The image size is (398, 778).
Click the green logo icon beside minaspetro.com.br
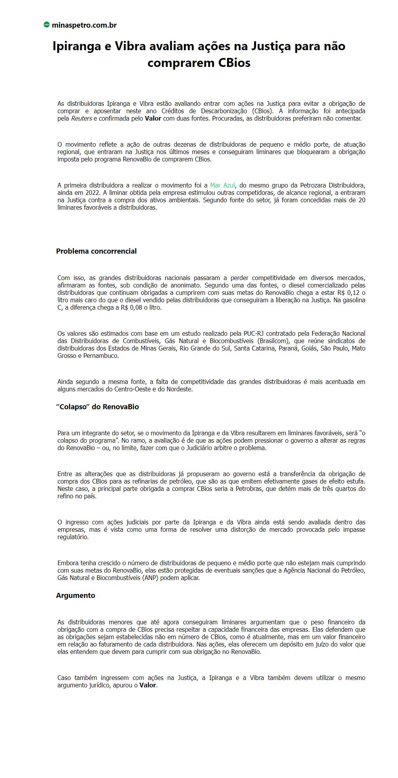[x=47, y=25]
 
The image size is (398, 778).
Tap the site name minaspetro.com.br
[x=84, y=25]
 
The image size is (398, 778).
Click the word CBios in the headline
[x=232, y=63]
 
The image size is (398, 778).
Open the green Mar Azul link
[x=222, y=185]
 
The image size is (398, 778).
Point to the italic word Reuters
[x=81, y=118]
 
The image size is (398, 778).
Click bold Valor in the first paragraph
[x=153, y=118]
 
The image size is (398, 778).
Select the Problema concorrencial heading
[x=96, y=251]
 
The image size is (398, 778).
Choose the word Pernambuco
[x=100, y=356]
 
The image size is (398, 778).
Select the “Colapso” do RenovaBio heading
[x=97, y=407]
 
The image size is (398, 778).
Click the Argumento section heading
[x=75, y=596]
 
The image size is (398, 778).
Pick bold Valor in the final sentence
[x=148, y=685]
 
